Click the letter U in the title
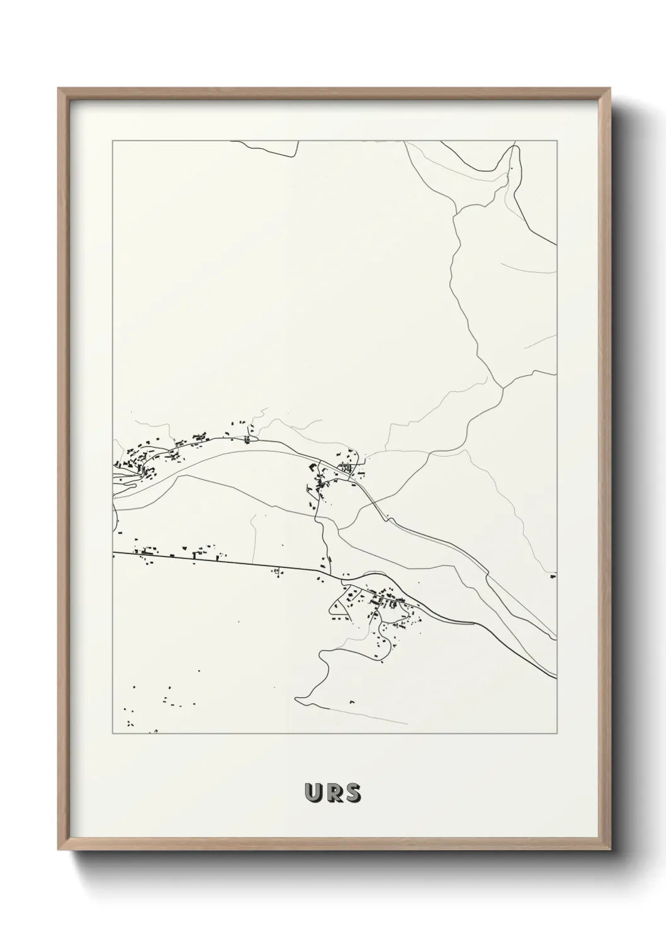(x=313, y=793)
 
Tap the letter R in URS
(x=334, y=793)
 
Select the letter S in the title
(x=353, y=793)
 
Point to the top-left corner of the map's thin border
(x=113, y=141)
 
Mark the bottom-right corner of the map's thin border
(x=557, y=734)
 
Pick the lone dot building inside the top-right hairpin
(x=511, y=169)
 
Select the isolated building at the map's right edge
(x=553, y=575)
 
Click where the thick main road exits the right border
(x=556, y=676)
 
